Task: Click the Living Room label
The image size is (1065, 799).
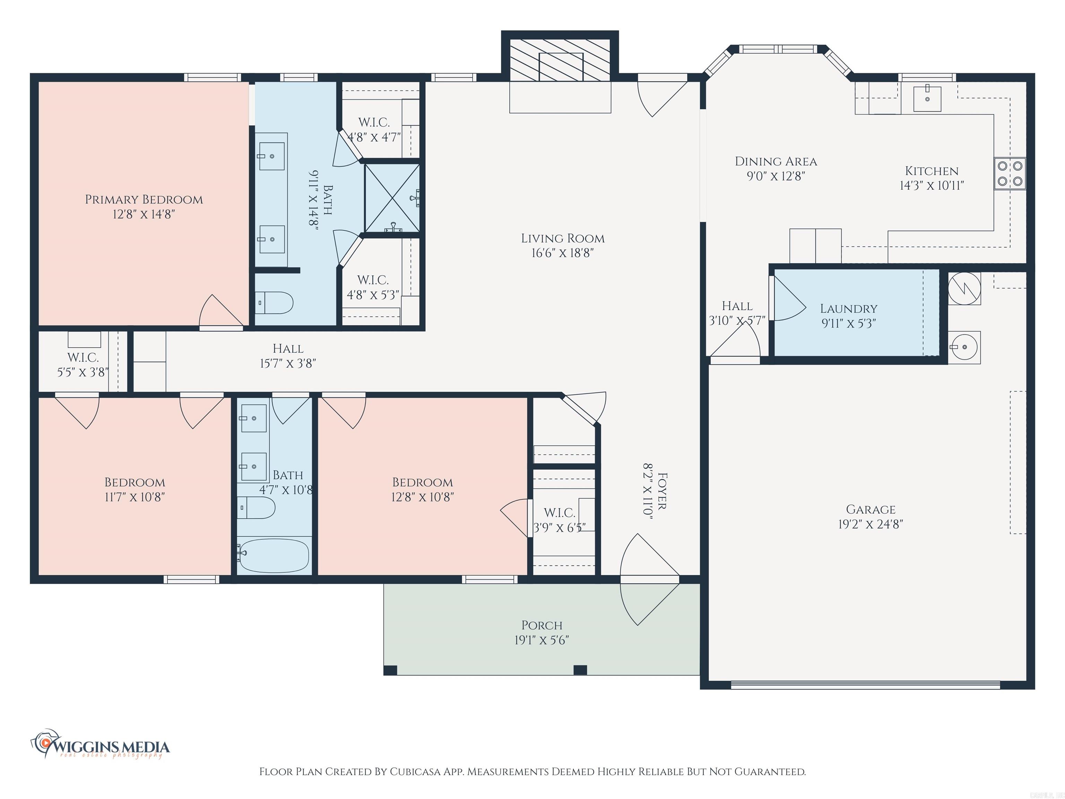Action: click(562, 238)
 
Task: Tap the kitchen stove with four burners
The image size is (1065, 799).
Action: click(1010, 174)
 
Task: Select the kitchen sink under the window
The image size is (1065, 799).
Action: click(927, 99)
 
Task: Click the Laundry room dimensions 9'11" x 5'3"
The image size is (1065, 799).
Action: click(848, 324)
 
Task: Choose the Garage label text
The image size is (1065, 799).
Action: click(871, 509)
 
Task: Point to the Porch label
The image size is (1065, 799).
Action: click(542, 625)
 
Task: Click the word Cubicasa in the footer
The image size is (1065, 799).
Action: click(415, 772)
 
